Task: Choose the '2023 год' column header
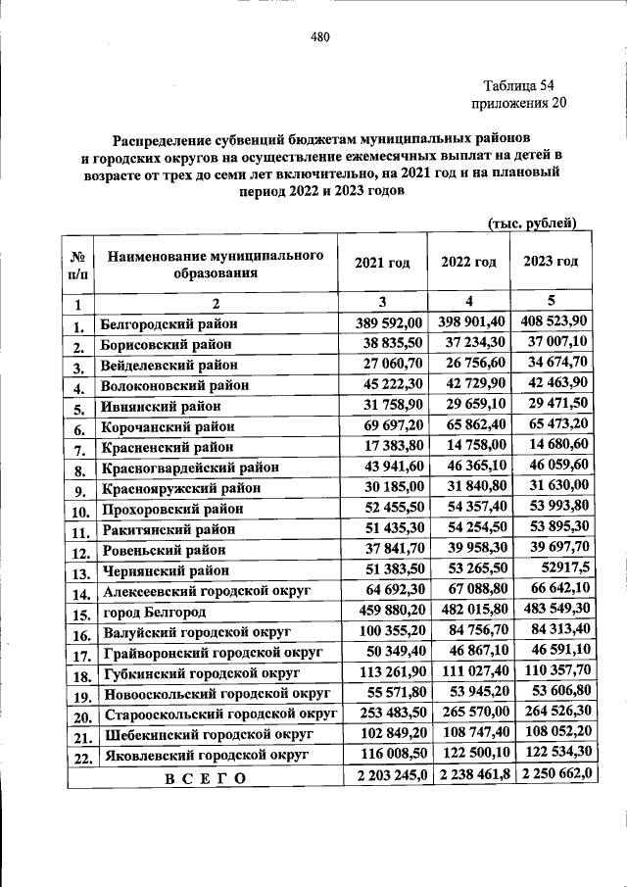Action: click(551, 262)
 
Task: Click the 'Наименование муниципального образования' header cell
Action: click(216, 264)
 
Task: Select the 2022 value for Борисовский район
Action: click(467, 343)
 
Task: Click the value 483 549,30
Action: click(552, 613)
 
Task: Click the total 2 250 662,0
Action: click(552, 777)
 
